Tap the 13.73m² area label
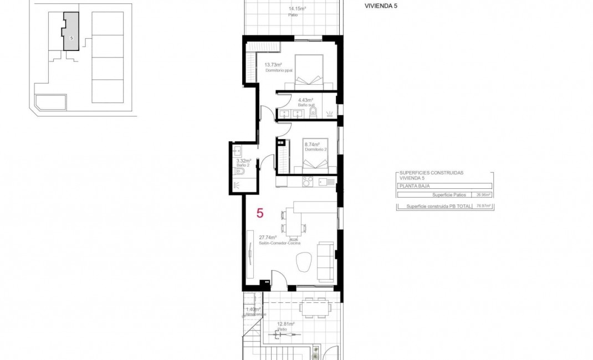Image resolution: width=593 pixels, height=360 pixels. click(273, 65)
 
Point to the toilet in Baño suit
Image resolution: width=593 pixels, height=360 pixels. click(313, 114)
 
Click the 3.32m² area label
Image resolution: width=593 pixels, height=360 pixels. click(244, 161)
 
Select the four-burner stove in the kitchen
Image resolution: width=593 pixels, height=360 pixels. click(308, 181)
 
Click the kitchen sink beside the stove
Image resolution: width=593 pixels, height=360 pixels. click(325, 181)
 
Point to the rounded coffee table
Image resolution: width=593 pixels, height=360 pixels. click(304, 262)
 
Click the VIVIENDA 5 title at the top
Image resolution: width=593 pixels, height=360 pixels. click(381, 6)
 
